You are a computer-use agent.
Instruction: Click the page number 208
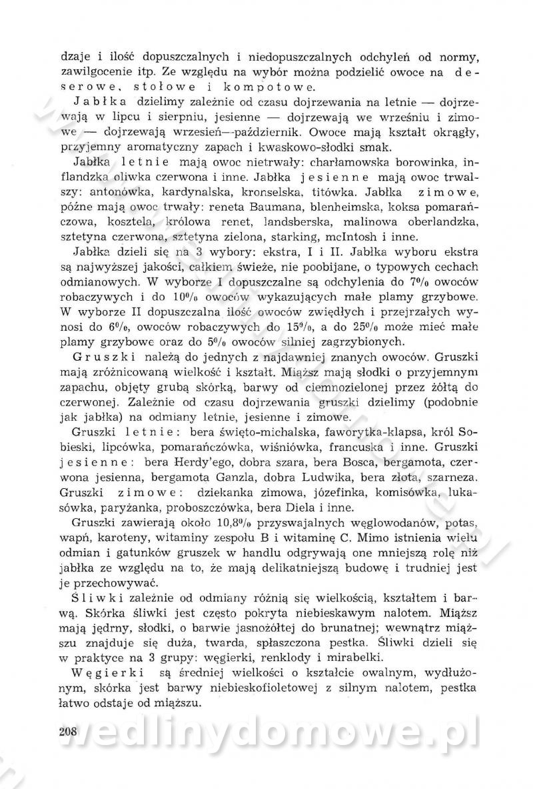coord(69,731)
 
